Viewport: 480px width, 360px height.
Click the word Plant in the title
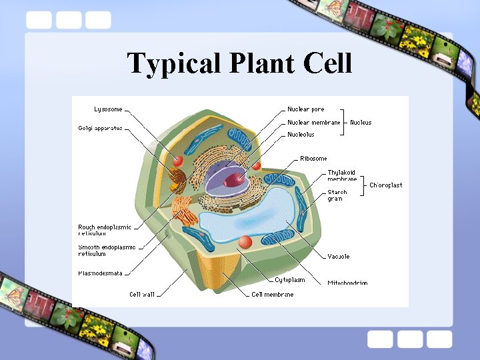coord(263,64)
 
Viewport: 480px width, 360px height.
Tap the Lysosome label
coord(109,109)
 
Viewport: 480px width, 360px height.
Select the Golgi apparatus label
coord(100,128)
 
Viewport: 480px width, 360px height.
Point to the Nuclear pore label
coord(306,109)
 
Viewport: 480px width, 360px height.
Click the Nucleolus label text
coord(301,135)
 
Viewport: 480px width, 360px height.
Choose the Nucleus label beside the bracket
coord(361,123)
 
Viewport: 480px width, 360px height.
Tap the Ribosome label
coord(313,159)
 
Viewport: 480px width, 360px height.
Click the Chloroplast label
coord(386,185)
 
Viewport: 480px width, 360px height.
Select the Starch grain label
coord(337,195)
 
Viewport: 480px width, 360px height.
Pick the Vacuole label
coord(339,257)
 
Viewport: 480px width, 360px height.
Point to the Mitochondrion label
coord(347,283)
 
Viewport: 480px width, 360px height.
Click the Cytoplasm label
coord(290,280)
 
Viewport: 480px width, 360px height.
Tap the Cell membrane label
coord(272,294)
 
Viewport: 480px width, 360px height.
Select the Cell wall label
coord(142,294)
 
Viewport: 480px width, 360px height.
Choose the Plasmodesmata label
coord(100,273)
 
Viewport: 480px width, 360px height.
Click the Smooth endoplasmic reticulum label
coord(106,251)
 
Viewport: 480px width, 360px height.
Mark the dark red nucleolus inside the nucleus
coord(234,179)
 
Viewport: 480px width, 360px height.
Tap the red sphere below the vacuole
coord(245,241)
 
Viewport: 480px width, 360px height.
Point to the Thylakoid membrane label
coord(342,175)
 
